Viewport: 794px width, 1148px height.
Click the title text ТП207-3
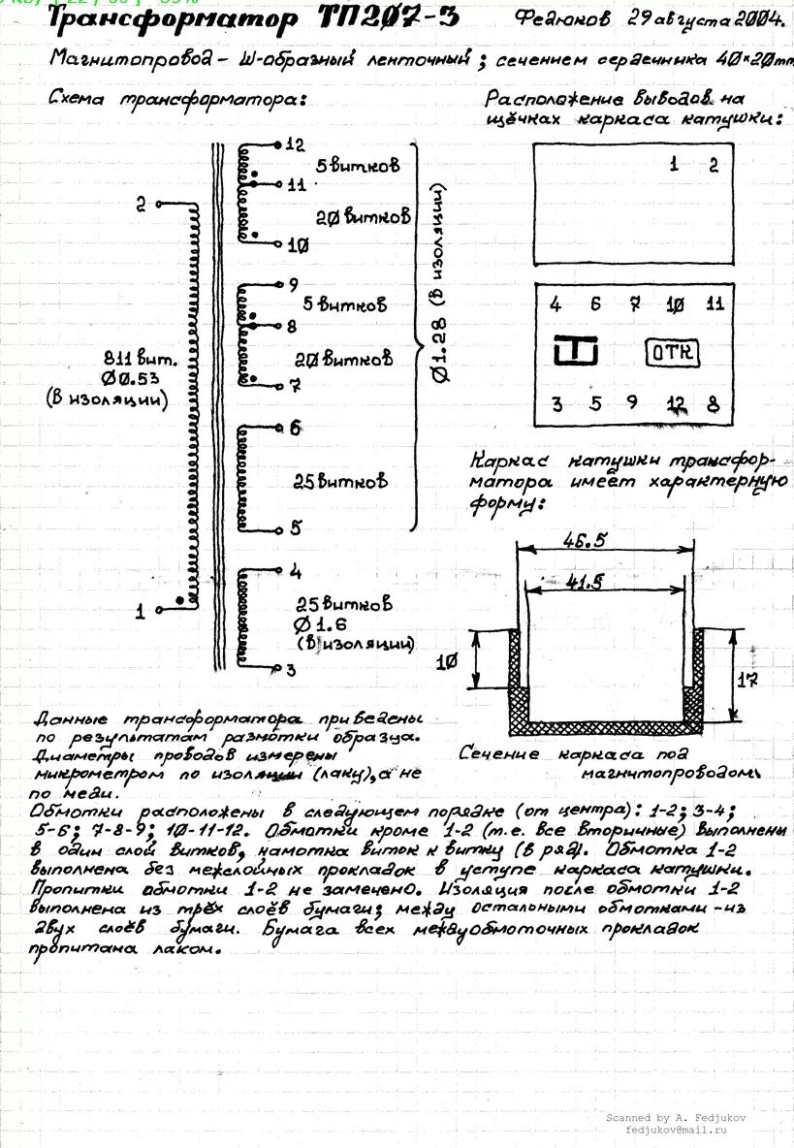point(388,18)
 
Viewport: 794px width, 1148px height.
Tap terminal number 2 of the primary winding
point(142,204)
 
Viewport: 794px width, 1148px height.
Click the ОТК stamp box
point(672,352)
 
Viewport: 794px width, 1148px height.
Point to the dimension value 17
point(746,680)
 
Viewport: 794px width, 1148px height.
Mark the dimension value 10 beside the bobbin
point(446,662)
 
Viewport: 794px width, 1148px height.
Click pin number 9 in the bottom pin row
point(632,402)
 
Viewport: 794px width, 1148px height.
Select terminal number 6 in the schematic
point(295,428)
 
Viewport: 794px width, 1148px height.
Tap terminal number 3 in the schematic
point(291,670)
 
